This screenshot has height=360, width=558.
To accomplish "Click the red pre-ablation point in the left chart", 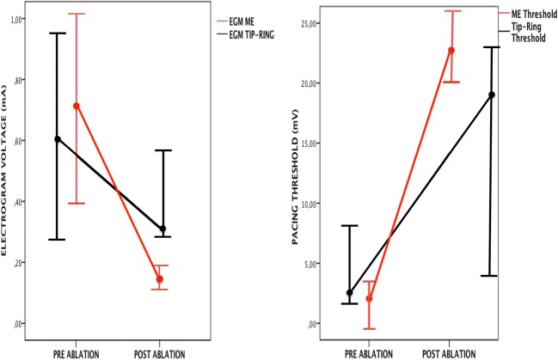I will pos(77,107).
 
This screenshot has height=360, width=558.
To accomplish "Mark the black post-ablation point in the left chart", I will pos(162,229).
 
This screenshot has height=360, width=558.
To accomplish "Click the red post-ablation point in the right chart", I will pos(451,50).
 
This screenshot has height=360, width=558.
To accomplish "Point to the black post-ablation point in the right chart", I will pos(492,95).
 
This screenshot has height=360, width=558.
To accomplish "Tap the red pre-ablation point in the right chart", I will pos(370,299).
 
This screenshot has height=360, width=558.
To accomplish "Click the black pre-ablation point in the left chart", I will pos(58,139).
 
